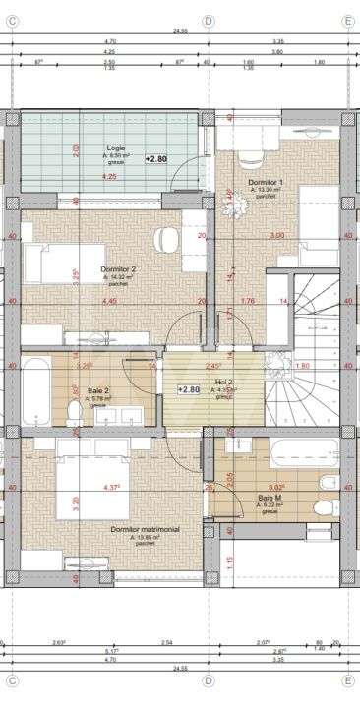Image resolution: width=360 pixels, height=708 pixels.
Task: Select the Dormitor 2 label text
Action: coord(118,268)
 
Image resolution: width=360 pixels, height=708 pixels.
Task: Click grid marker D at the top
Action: coord(208,20)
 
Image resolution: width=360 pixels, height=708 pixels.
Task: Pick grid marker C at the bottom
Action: coord(13,680)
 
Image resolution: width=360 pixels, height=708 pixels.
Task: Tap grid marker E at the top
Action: coord(347,20)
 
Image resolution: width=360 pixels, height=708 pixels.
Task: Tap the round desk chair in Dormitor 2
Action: coord(166,238)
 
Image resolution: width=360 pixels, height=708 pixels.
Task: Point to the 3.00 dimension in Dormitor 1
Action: coord(277,236)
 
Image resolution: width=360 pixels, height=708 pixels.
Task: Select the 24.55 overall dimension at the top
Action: coord(180,31)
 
